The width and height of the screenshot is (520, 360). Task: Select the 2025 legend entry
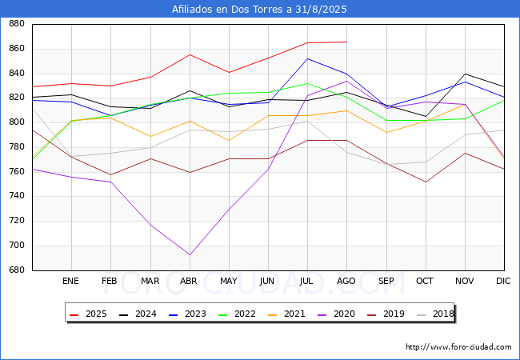click(x=88, y=314)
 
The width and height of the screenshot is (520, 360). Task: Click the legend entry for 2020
click(x=336, y=314)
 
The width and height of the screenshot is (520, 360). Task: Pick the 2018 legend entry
click(x=435, y=314)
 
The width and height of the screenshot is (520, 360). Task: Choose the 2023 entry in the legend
click(x=187, y=314)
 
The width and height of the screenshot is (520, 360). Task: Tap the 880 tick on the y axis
click(x=17, y=24)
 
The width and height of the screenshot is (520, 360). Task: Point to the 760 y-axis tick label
click(x=17, y=171)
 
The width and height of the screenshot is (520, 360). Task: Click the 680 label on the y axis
click(x=17, y=270)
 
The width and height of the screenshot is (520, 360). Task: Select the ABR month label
click(x=189, y=281)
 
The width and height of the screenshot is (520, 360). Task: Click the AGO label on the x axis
click(x=346, y=281)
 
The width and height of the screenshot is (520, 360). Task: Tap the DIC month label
click(x=503, y=281)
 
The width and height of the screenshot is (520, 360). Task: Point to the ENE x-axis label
click(x=70, y=281)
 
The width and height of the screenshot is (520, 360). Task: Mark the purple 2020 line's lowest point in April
click(x=190, y=254)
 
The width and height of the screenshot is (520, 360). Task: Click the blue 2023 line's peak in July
click(x=308, y=58)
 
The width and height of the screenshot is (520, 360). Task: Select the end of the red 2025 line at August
click(x=347, y=42)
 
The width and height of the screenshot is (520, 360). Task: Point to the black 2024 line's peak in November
click(x=466, y=74)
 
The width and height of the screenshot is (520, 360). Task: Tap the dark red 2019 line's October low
click(x=426, y=182)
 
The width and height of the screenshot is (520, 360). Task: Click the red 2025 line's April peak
click(x=190, y=54)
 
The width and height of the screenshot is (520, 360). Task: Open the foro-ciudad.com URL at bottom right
click(x=458, y=347)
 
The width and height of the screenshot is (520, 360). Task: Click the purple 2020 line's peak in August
click(x=347, y=81)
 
